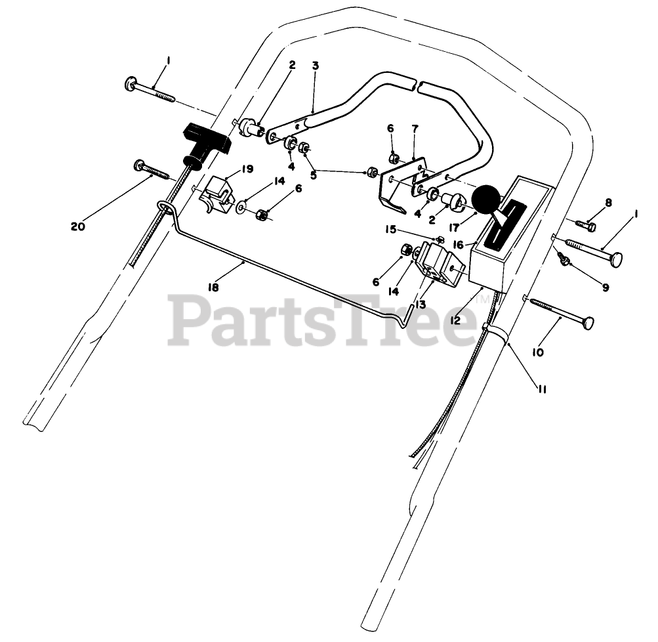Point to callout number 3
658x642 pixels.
tap(316, 66)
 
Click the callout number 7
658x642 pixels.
tap(415, 129)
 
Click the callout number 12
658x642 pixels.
tap(455, 320)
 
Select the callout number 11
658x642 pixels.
tap(543, 389)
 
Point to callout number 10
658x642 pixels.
tap(537, 353)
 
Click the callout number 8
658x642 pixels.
tap(608, 203)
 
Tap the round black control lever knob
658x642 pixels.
tap(485, 198)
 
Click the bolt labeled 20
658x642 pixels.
tap(151, 169)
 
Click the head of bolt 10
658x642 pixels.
tap(588, 322)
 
